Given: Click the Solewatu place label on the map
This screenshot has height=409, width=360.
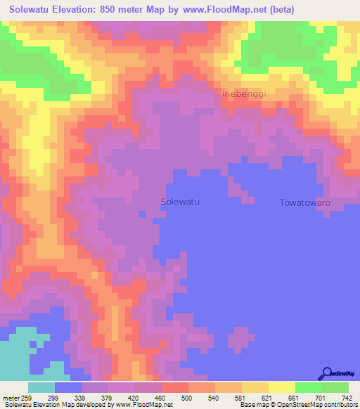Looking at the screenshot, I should click(x=181, y=202).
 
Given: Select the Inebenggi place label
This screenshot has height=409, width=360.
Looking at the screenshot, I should click(x=244, y=93).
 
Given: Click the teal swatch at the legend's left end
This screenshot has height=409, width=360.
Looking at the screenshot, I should click(x=41, y=387).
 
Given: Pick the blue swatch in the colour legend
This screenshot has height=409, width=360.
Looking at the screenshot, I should click(x=68, y=387).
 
